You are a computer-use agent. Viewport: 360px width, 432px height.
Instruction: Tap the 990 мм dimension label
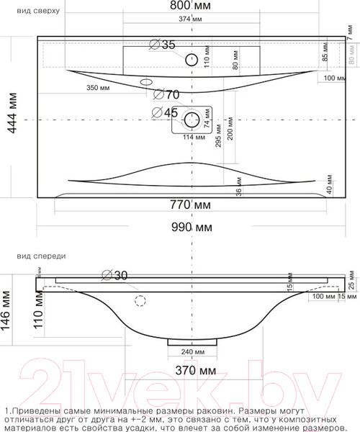(192, 228)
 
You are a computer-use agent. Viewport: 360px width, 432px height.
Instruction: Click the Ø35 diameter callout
(162, 45)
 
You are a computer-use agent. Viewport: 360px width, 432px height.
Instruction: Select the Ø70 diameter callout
(166, 94)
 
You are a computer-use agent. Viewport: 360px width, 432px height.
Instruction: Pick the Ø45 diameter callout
(165, 112)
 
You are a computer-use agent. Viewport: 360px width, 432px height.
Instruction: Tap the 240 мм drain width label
(192, 352)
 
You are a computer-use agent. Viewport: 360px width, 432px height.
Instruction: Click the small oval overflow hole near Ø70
(146, 81)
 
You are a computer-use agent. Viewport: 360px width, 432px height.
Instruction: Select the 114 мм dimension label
(191, 138)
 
